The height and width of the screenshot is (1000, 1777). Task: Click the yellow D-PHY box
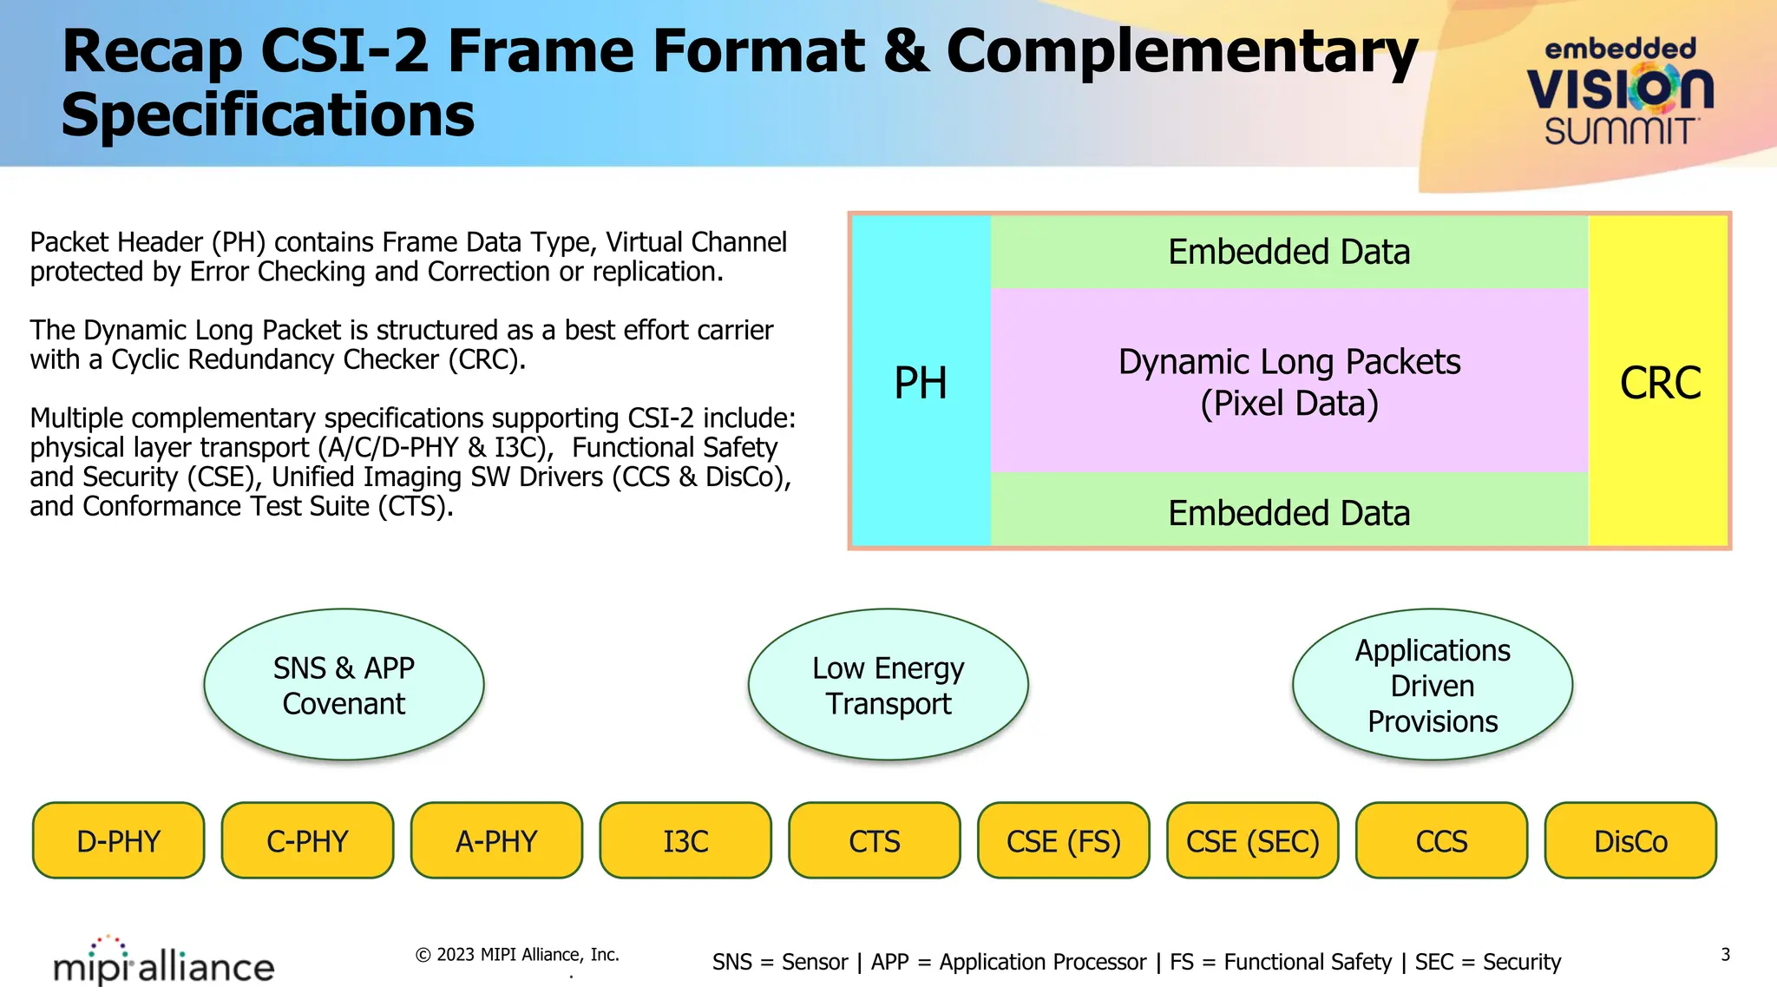tap(119, 840)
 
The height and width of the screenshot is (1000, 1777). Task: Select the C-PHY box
tap(307, 840)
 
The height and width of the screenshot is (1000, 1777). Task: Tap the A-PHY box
tap(496, 840)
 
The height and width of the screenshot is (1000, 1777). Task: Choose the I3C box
tap(685, 840)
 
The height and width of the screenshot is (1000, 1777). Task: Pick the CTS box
tap(875, 840)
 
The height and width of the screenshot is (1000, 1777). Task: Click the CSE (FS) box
tap(1064, 840)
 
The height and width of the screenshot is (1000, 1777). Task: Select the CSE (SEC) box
tap(1252, 840)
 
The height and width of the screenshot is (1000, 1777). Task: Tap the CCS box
tap(1441, 840)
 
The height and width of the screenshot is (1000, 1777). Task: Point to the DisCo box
tap(1630, 840)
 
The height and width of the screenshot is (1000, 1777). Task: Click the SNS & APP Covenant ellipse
tap(344, 685)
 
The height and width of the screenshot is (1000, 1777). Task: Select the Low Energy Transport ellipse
tap(888, 685)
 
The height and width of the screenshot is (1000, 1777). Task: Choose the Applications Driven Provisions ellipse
tap(1433, 685)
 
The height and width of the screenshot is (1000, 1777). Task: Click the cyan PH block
tap(921, 382)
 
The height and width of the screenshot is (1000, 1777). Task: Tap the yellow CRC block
tap(1659, 382)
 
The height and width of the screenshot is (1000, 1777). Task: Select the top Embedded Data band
tap(1288, 252)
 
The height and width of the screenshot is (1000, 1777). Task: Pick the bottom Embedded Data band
tap(1288, 512)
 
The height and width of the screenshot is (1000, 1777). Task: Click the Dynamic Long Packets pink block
tap(1288, 382)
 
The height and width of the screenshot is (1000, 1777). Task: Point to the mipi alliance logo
tap(164, 962)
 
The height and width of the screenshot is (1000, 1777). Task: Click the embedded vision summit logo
tap(1619, 91)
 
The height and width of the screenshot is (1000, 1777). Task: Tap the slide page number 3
tap(1725, 955)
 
